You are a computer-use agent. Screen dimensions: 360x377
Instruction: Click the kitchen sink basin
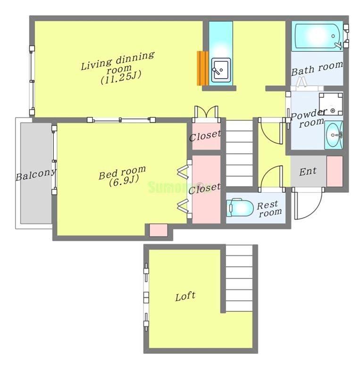tap(221, 70)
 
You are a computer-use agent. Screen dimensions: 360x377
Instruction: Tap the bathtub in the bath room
tap(318, 36)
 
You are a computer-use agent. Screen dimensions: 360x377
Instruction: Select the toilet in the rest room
tap(240, 207)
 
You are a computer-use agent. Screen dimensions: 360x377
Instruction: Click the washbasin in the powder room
tap(334, 135)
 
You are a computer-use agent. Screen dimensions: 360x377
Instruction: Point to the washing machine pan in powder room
tap(331, 104)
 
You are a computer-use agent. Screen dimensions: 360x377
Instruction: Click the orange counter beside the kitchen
tap(202, 68)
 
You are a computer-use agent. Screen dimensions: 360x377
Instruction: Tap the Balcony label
tap(36, 175)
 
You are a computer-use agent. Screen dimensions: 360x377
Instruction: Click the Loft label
tap(185, 296)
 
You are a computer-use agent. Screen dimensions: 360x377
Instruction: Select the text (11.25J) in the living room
tap(121, 77)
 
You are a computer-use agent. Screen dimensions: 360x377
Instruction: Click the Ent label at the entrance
tap(308, 172)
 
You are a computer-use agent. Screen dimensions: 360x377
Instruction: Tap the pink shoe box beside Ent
tap(335, 171)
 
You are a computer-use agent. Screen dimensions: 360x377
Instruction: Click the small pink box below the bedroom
tap(158, 230)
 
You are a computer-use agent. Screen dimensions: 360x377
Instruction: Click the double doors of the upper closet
tap(206, 112)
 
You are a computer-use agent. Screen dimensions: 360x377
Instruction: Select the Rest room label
tap(269, 209)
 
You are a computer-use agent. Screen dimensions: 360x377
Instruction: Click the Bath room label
tap(317, 68)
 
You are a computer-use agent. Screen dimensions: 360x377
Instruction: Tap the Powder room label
tap(309, 119)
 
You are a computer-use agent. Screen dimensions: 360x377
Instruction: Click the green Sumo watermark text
tap(179, 187)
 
